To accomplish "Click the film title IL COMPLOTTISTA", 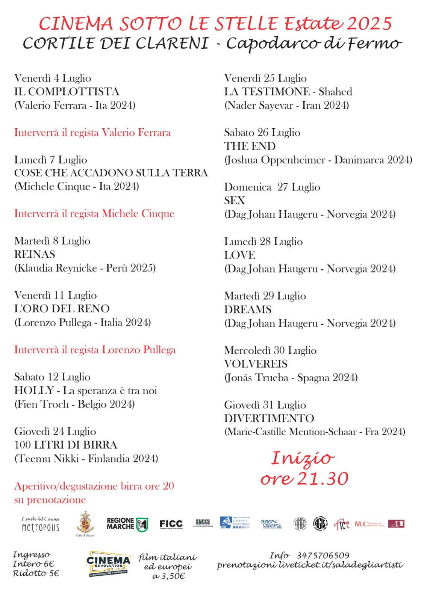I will (x=67, y=92).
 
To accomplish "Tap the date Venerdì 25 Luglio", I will (x=265, y=78).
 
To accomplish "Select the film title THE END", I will (x=250, y=146).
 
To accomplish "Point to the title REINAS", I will (x=35, y=255).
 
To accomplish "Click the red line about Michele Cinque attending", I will (x=94, y=214).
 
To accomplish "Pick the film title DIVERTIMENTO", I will (x=269, y=418).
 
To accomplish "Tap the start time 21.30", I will (x=323, y=479).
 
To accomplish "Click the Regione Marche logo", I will (x=127, y=524).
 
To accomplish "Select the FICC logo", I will (x=171, y=524).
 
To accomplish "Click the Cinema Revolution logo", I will (x=109, y=564).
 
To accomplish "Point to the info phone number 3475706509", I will (x=323, y=555).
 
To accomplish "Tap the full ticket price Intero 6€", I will (x=33, y=564).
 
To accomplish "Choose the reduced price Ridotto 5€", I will (x=36, y=573).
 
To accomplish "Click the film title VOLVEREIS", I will (x=256, y=364).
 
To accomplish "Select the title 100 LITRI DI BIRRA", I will (x=66, y=445).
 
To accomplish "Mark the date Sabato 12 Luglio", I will (x=52, y=377).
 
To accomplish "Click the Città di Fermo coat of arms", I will (x=85, y=523).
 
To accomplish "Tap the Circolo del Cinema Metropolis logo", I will (x=41, y=524).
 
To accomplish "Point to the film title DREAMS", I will (x=248, y=310).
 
